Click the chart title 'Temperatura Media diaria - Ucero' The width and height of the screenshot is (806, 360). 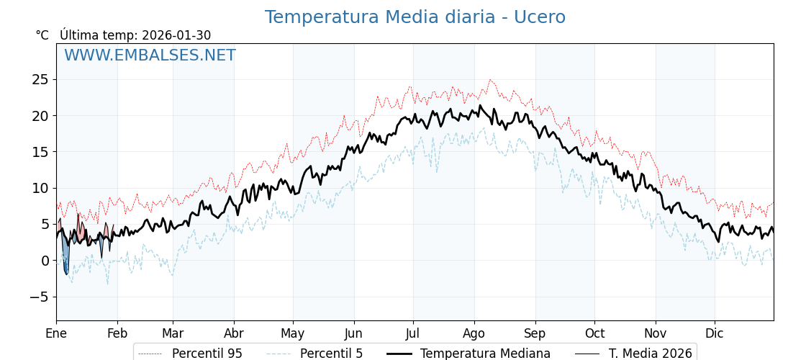coord(415,17)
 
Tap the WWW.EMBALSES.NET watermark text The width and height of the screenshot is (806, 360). coord(150,55)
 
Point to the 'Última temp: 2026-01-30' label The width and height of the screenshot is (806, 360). coord(135,35)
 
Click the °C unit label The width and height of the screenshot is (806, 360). coord(42,35)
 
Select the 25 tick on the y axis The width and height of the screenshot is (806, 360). coord(40,79)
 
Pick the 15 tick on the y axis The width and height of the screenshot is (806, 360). coord(40,152)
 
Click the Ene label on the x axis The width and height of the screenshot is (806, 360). coord(56,333)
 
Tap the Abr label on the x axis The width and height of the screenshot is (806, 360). coord(234,333)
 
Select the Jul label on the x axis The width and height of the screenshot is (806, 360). coord(413,333)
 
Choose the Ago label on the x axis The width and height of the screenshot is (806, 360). coord(474,333)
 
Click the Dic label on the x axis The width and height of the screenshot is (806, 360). coord(715,333)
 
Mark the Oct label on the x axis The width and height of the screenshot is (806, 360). coord(594,333)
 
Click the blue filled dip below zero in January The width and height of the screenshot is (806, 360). coord(65,259)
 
